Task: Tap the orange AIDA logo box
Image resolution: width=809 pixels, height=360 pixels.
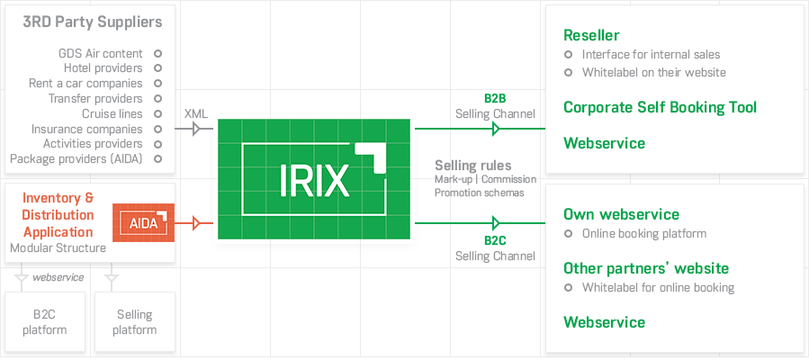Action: (144, 223)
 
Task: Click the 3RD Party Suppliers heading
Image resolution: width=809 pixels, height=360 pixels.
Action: (93, 22)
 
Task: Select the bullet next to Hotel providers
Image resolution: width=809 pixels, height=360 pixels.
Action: (157, 68)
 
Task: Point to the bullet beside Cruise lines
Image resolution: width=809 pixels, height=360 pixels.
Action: (157, 114)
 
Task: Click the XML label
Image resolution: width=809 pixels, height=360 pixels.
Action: (196, 113)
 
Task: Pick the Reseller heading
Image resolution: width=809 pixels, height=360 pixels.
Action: (591, 35)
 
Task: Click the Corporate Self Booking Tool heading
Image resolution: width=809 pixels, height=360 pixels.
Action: (660, 107)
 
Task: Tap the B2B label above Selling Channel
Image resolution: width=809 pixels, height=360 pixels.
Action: (495, 99)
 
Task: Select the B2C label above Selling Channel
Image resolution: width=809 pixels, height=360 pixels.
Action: (495, 240)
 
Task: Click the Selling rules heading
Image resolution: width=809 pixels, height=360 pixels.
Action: (473, 166)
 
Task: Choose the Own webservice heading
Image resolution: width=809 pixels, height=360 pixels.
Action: (621, 214)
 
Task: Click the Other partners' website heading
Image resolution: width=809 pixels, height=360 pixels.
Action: (646, 268)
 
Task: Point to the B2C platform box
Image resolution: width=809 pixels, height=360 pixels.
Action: (45, 322)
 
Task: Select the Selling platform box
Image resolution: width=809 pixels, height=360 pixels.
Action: (135, 322)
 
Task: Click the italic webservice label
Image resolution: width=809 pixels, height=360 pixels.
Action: (58, 277)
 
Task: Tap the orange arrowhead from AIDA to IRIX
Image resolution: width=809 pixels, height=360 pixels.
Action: (196, 223)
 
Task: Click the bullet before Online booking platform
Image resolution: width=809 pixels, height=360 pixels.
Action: (568, 234)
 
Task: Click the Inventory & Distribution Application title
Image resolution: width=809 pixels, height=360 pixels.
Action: (58, 214)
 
